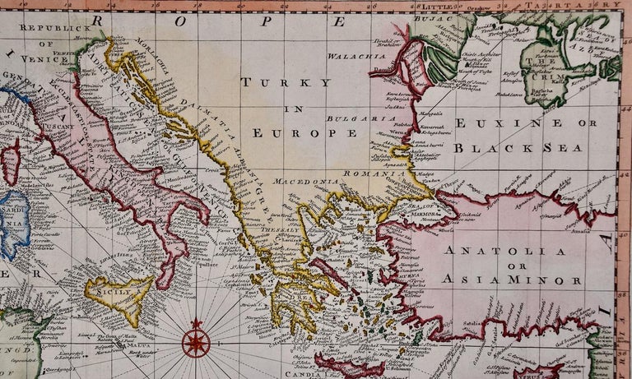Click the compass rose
[x=196, y=343]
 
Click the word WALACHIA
[x=356, y=57]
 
